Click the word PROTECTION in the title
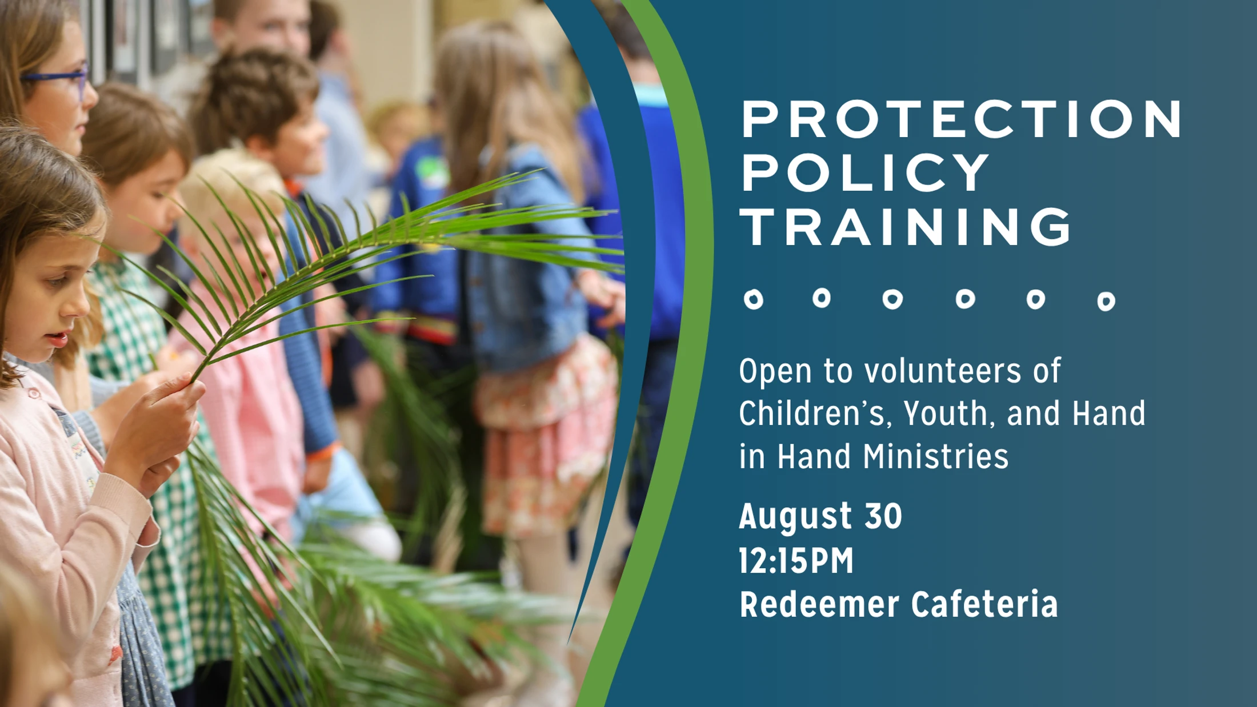(962, 119)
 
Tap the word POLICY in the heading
(865, 172)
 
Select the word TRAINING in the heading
(906, 226)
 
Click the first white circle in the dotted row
(754, 299)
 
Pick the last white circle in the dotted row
(1106, 301)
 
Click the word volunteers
(942, 371)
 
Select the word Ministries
(936, 456)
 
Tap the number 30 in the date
(883, 516)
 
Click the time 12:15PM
(796, 560)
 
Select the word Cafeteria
(984, 604)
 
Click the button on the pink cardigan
(34, 393)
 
